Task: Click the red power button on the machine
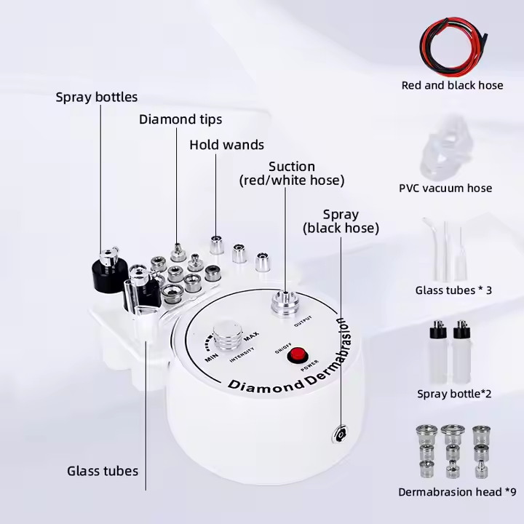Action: click(296, 356)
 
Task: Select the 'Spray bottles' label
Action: click(96, 97)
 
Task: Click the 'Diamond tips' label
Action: click(180, 119)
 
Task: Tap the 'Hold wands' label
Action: click(226, 144)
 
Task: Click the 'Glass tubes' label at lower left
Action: click(103, 471)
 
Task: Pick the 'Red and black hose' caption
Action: click(452, 85)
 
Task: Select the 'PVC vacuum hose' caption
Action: click(445, 188)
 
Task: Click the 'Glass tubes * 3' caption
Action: click(453, 290)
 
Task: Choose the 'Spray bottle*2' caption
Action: click(454, 394)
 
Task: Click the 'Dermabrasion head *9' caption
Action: click(456, 492)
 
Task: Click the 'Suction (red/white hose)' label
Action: click(292, 173)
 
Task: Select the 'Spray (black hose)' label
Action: click(341, 221)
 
